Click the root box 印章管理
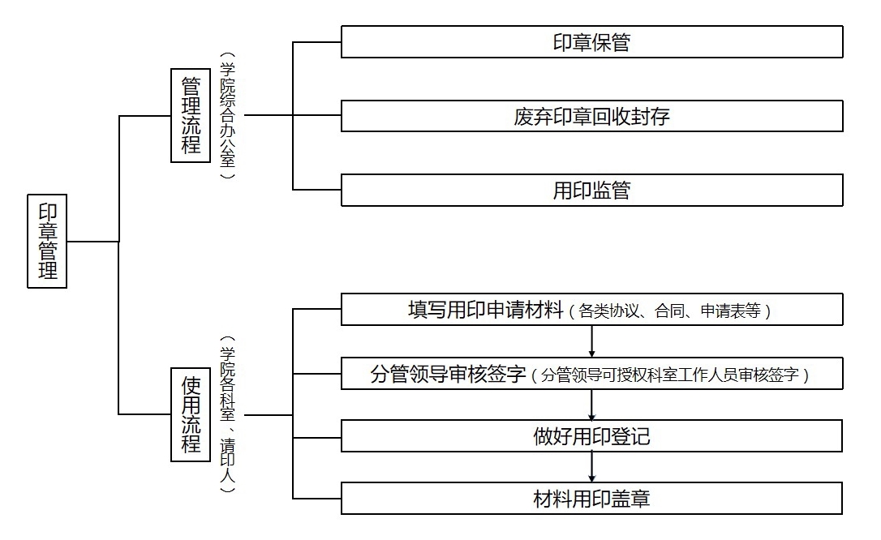47,241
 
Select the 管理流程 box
191,115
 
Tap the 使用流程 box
191,414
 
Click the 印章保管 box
591,42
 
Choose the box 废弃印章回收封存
591,117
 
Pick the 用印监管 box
591,191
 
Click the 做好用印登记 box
591,437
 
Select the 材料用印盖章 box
591,498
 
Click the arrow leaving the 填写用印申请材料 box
592,341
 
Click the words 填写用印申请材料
485,311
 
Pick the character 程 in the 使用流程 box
191,444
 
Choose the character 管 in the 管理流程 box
191,86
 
